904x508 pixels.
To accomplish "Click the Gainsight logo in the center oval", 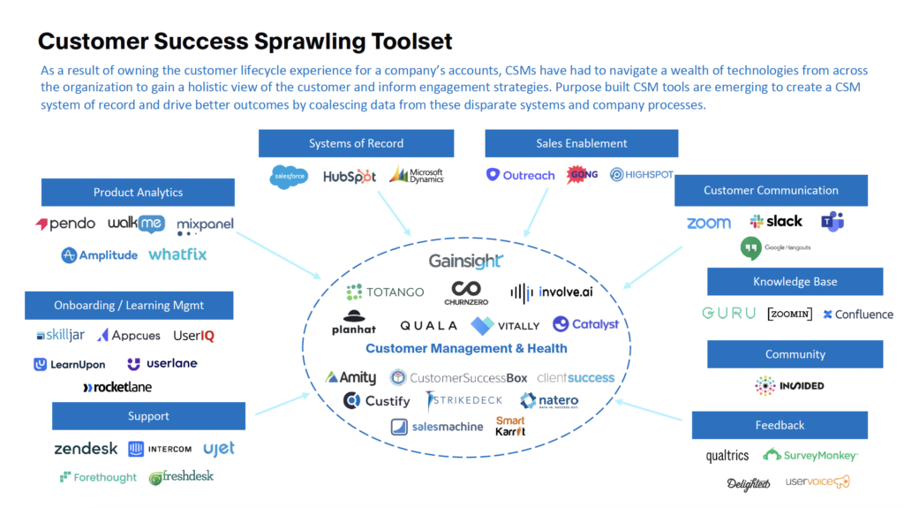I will (465, 261).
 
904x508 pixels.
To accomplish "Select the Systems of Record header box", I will (356, 143).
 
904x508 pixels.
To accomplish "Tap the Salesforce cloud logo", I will (289, 177).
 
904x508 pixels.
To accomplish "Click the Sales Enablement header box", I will (581, 143).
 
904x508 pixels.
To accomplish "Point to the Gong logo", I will (583, 175).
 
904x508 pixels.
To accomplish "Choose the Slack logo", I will (776, 222).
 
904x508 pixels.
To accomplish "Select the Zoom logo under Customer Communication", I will (709, 223).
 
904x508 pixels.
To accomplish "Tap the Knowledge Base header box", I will (795, 282).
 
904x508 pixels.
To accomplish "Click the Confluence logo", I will (858, 315).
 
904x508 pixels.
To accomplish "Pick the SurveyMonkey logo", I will (810, 455).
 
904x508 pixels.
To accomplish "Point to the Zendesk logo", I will (86, 449).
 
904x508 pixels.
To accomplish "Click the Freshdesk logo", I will (181, 477).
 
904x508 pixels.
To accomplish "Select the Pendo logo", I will (65, 224).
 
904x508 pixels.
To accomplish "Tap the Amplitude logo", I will (99, 255).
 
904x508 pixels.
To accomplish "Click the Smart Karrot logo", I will (510, 426).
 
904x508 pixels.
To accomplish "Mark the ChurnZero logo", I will (465, 292).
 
